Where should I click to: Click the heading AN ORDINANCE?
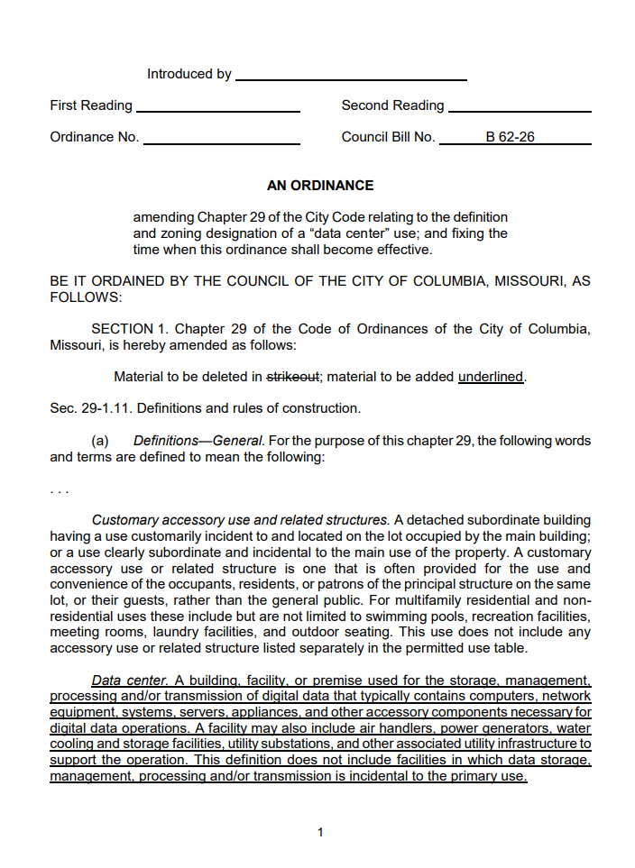point(319,186)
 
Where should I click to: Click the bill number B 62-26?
point(510,137)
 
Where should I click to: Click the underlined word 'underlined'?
point(491,377)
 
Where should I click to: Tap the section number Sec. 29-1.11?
point(89,408)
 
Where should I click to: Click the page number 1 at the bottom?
point(320,832)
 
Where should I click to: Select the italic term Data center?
point(130,680)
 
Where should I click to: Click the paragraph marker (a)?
point(100,441)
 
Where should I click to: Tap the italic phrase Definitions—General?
point(198,441)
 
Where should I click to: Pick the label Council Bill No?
point(388,137)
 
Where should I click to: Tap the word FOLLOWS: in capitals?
point(84,297)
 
